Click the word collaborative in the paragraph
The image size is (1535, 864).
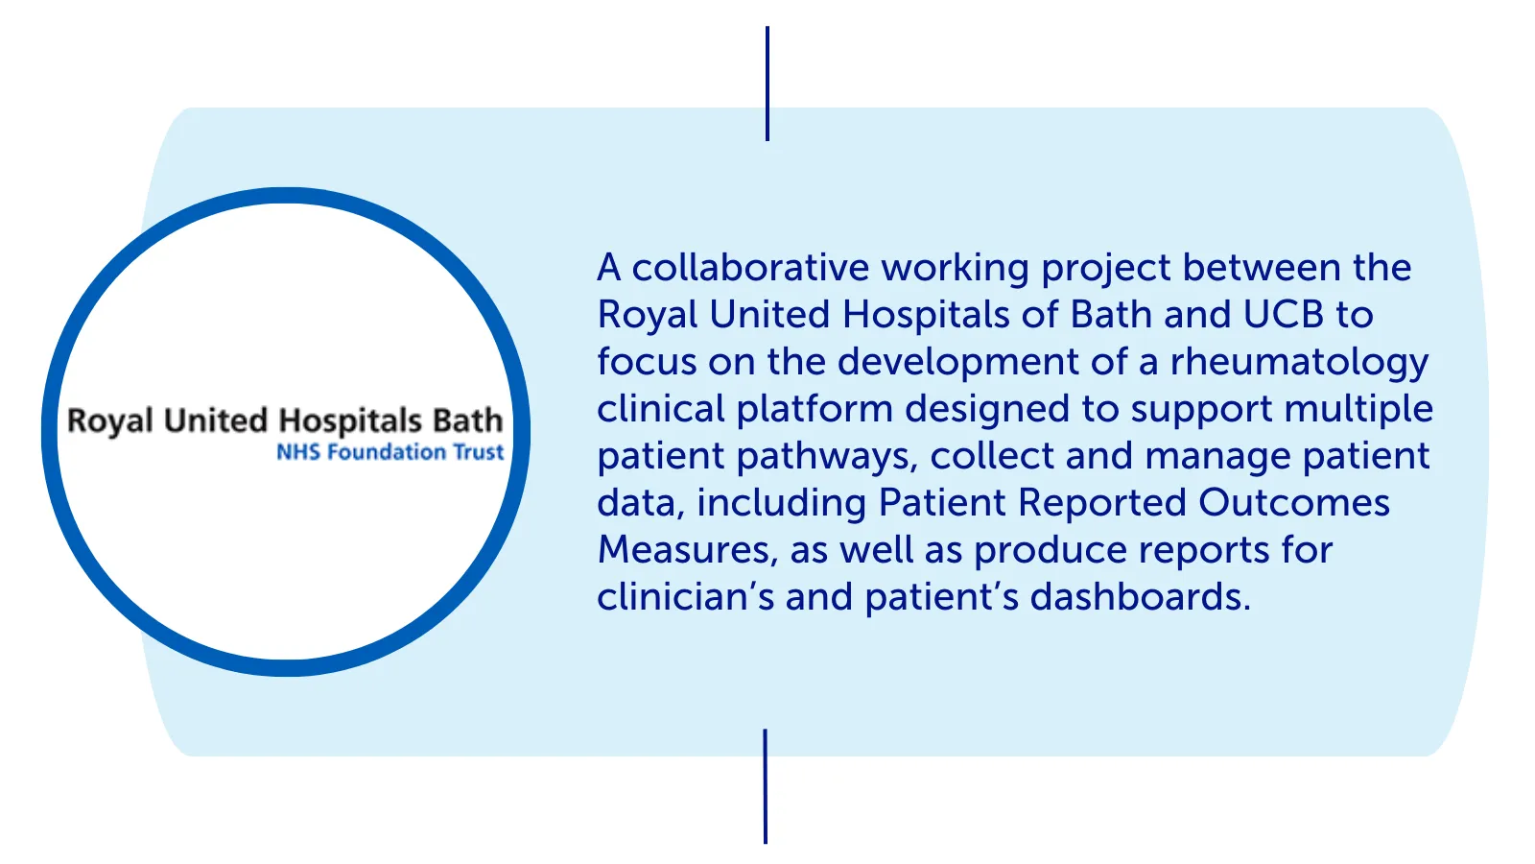750,268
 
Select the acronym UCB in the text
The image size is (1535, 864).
1284,315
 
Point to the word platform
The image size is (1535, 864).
815,410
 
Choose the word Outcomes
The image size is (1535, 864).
1294,503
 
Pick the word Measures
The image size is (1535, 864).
688,551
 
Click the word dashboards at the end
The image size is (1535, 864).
1141,596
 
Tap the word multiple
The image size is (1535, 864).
1358,410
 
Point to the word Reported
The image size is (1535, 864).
1102,504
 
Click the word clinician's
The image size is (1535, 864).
685,596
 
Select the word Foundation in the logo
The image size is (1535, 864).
387,452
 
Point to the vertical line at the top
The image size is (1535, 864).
767,84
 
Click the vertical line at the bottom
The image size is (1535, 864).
766,786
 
